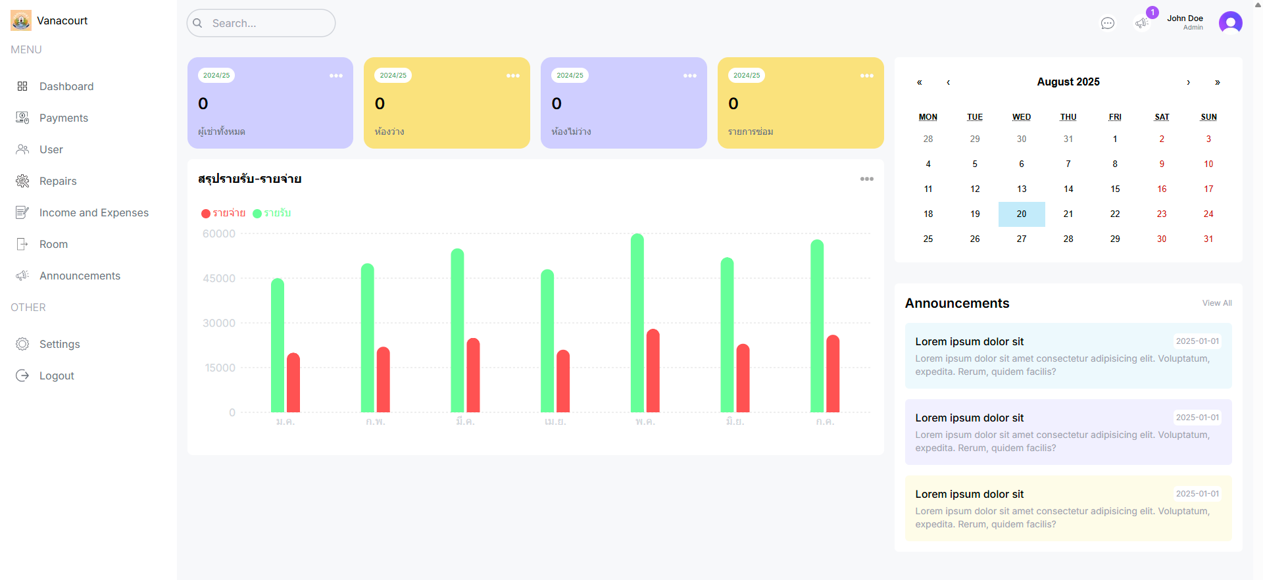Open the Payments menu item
[63, 118]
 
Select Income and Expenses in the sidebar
[93, 212]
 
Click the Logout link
[57, 375]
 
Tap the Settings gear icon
[22, 344]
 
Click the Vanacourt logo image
[21, 20]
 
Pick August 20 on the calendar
[1022, 214]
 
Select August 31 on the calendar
[1208, 239]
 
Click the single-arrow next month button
[1188, 82]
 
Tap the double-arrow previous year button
[920, 82]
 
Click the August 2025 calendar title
[1068, 82]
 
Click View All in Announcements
[1217, 303]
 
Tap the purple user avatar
[1230, 22]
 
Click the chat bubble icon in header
[1108, 23]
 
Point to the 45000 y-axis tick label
[219, 278]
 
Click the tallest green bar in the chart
[637, 322]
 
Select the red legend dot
[206, 213]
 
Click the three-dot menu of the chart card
[867, 179]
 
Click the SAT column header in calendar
[1162, 117]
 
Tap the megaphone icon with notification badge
[1142, 23]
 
